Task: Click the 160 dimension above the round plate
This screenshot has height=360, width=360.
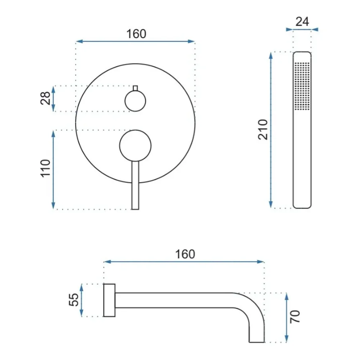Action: pos(136,34)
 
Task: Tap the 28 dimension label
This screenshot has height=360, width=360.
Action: pos(45,98)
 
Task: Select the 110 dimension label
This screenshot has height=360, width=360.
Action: pos(45,168)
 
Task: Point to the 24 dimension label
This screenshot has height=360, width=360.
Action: pos(302,22)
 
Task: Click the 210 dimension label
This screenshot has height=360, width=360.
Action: pos(263,130)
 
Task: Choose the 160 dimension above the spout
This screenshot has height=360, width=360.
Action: pos(185,254)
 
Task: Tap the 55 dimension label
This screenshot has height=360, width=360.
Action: pos(74,300)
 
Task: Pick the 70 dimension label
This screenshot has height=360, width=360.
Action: pos(295,317)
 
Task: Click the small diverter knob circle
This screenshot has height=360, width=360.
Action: pos(135,101)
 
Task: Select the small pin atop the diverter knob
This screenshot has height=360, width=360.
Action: pos(135,88)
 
